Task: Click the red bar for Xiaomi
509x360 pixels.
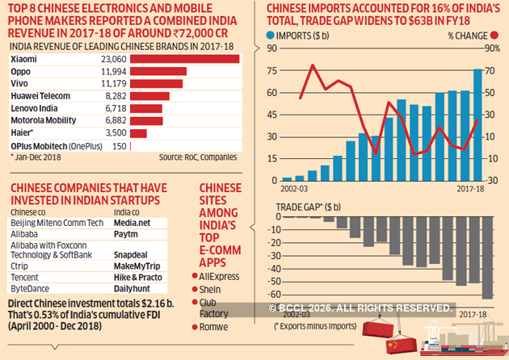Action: point(183,60)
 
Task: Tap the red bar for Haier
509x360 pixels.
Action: point(138,132)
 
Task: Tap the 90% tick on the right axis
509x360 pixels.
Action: point(490,48)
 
